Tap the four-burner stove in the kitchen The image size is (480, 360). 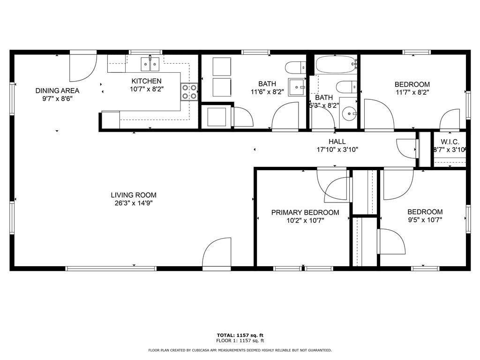tap(189, 92)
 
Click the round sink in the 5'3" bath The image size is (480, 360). tap(348, 114)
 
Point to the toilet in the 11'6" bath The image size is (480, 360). tap(296, 68)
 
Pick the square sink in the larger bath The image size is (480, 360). tap(296, 87)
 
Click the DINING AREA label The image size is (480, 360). tap(57, 90)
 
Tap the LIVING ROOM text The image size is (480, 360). tap(134, 195)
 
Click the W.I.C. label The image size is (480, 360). tap(450, 142)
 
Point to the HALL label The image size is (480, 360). tap(337, 142)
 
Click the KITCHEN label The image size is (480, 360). tap(146, 81)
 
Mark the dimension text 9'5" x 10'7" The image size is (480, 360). tap(425, 219)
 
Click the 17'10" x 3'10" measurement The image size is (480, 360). tap(337, 150)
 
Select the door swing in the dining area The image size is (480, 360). tap(82, 68)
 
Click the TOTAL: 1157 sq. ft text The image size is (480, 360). tap(240, 335)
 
